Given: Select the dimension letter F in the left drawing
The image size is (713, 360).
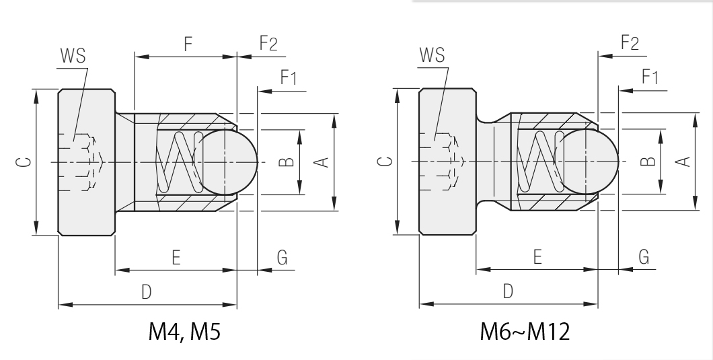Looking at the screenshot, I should coord(188,45).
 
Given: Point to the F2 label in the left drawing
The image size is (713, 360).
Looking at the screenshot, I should coord(268,44).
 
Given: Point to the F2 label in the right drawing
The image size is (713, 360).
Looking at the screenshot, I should coord(630,44).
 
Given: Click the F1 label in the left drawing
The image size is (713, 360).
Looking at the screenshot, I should coord(288,77).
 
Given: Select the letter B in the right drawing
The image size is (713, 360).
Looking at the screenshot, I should coord(647,161).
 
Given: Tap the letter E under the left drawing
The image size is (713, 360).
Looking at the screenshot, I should coord(176,257).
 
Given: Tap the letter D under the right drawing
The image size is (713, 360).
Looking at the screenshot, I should coord(508,291).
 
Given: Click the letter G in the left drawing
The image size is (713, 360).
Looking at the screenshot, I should coord(282,257).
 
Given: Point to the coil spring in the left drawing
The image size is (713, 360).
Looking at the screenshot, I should coord(180,161).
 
